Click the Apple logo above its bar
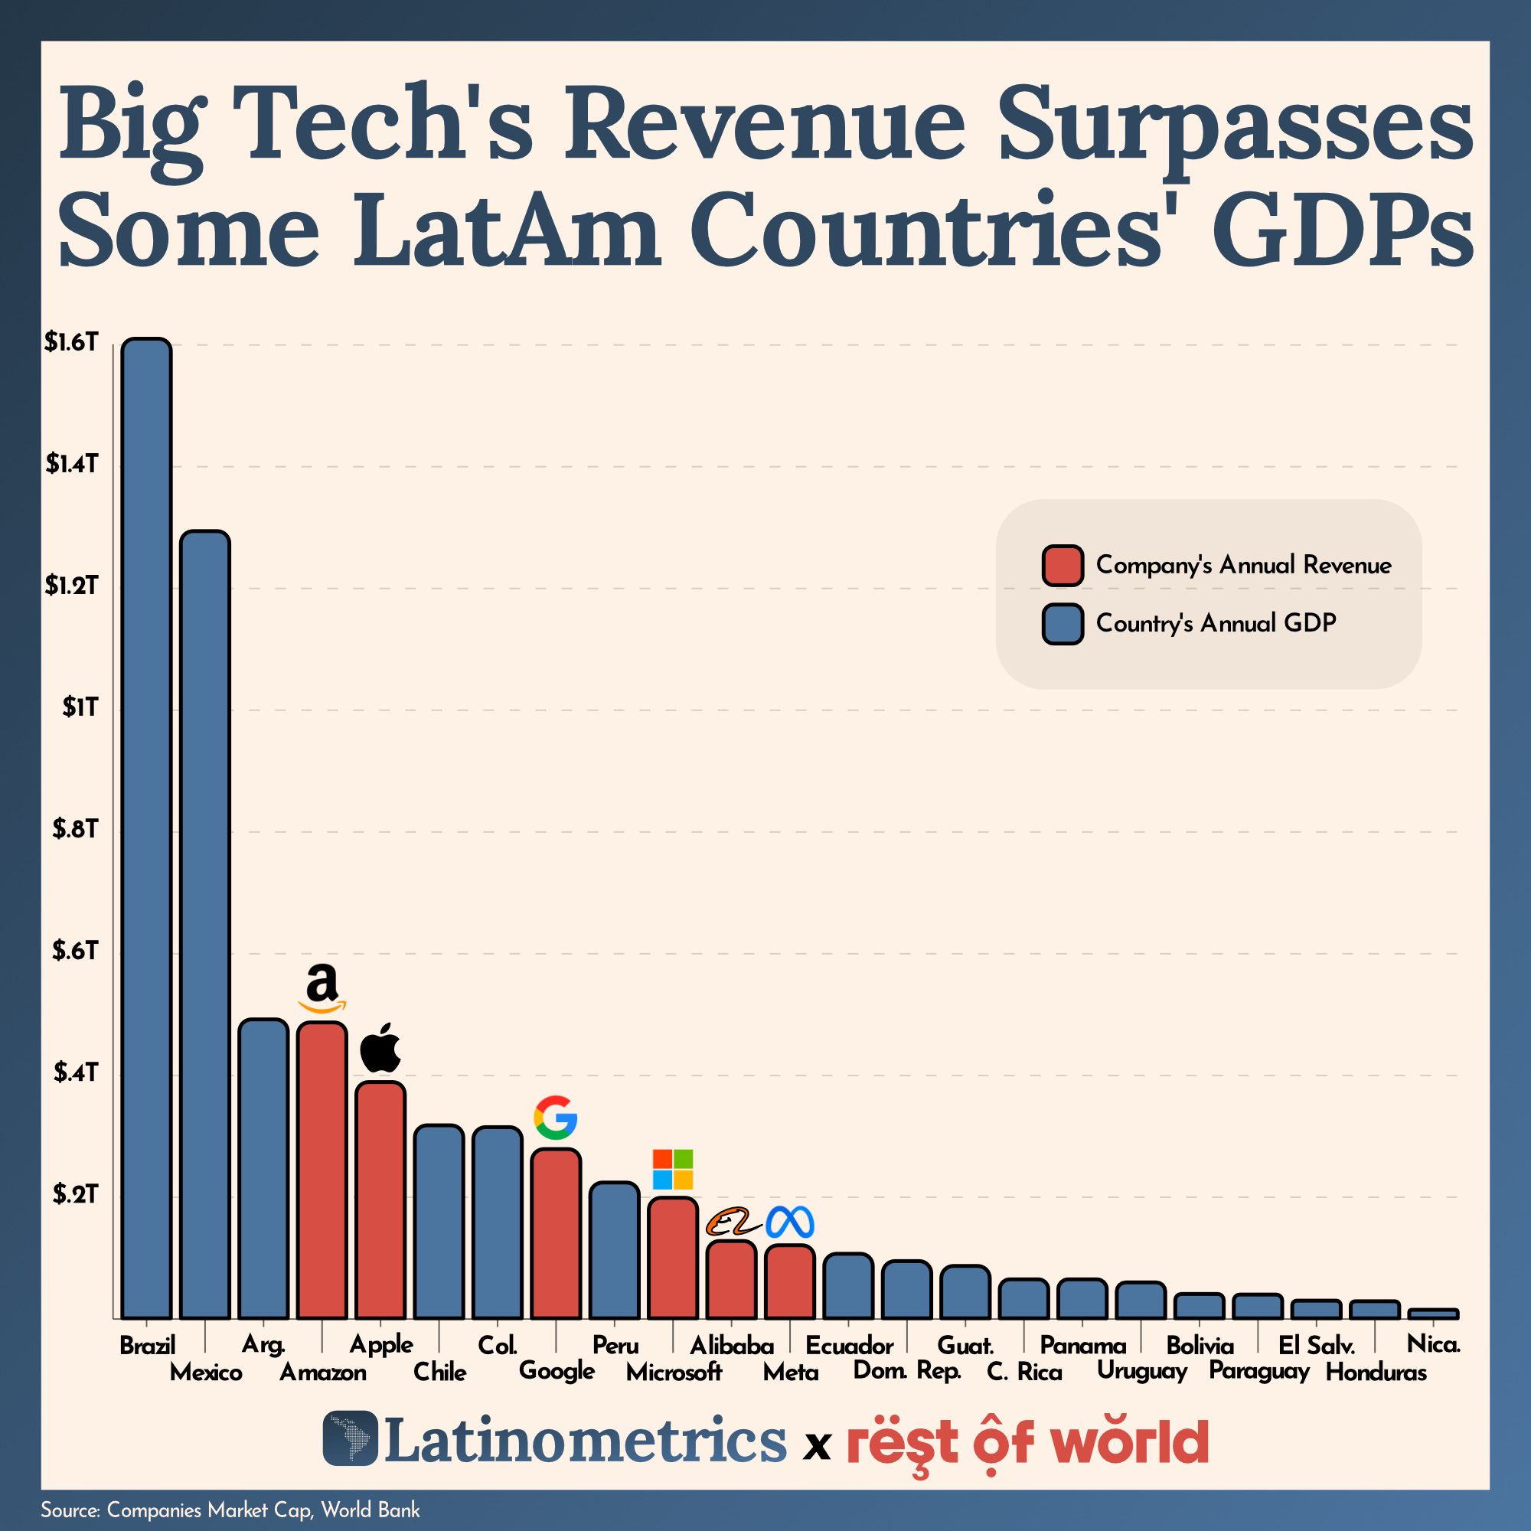[380, 1048]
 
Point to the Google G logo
[555, 1118]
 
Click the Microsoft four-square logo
[672, 1169]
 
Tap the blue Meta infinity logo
[789, 1223]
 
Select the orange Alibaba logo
[730, 1223]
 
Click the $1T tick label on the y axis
[80, 707]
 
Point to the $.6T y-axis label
[75, 951]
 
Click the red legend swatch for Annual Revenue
[1062, 566]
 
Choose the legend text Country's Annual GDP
[1216, 623]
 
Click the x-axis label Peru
[615, 1345]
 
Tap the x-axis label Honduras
[1376, 1373]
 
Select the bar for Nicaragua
[1433, 1313]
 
